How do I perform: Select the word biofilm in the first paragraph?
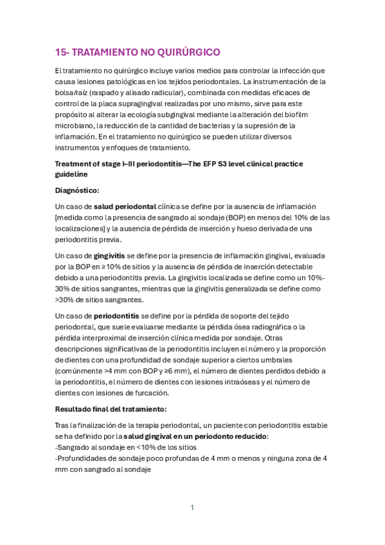tap(313, 114)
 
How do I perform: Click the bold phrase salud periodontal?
tap(124, 206)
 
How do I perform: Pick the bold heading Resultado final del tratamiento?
tap(112, 409)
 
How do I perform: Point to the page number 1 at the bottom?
tap(192, 508)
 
